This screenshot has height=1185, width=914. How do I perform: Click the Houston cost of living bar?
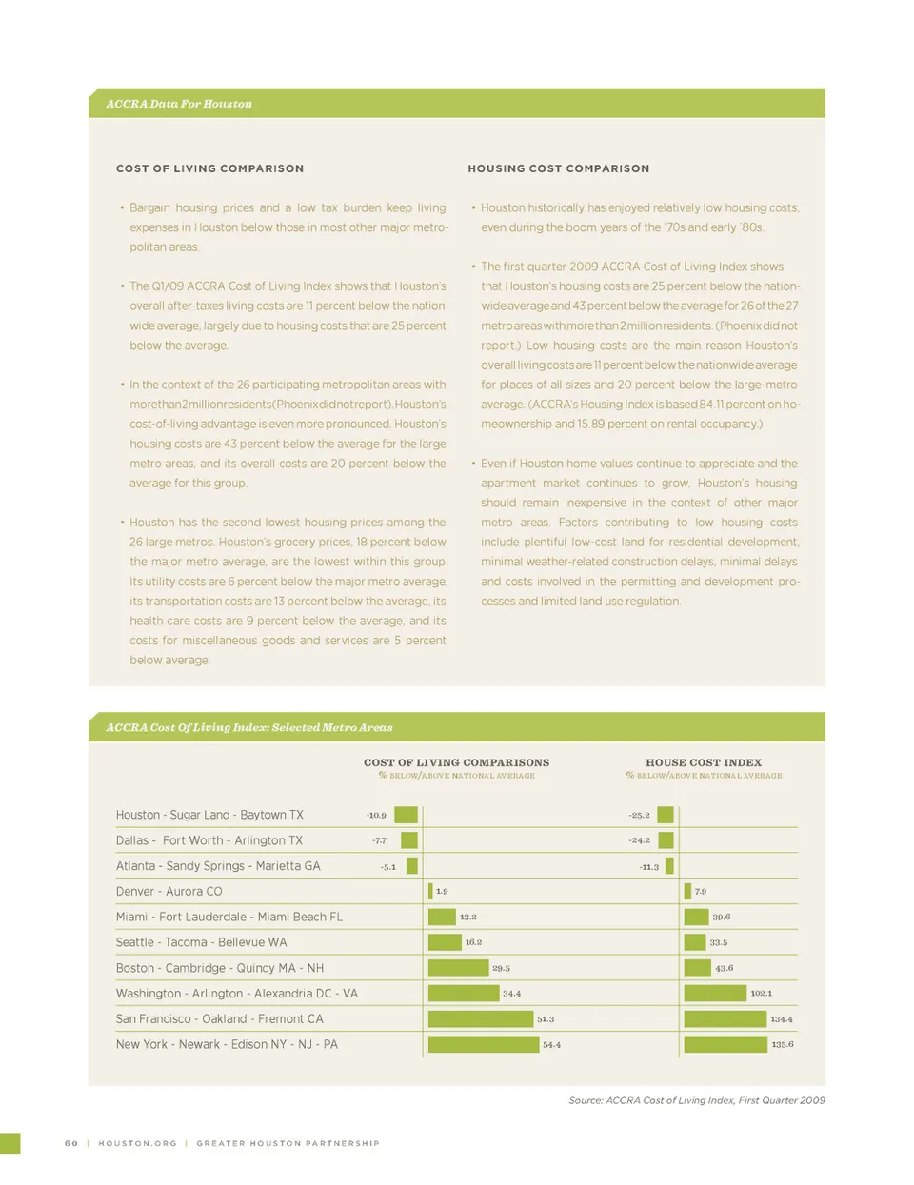tap(406, 815)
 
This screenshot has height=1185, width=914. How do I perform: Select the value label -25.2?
tap(639, 815)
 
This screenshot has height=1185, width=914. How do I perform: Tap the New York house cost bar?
tap(725, 1044)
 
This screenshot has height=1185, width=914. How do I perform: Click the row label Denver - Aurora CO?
tap(169, 892)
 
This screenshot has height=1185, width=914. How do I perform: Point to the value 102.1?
tap(761, 994)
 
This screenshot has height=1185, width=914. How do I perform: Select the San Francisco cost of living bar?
tap(480, 1018)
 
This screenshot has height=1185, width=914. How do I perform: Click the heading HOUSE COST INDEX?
tap(704, 762)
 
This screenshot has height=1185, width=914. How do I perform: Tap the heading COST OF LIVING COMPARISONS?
tap(456, 762)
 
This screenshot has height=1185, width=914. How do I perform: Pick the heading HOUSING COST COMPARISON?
tap(558, 168)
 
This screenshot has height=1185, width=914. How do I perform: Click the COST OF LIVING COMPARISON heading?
tap(209, 168)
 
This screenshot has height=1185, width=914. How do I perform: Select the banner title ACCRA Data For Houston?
tap(179, 104)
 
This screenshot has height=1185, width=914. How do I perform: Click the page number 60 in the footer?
tap(71, 1143)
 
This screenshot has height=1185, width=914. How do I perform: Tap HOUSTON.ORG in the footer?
tap(137, 1143)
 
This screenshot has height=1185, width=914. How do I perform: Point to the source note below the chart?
tap(696, 1100)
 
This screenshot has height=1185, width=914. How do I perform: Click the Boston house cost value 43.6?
tap(724, 968)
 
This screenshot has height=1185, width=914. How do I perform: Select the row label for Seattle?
tap(201, 942)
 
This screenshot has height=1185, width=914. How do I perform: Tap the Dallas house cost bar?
tap(666, 840)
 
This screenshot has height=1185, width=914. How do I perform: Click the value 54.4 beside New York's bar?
tap(551, 1044)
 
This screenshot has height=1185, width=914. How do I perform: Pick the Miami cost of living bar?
tap(442, 917)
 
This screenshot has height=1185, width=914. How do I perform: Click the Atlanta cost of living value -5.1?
tap(387, 867)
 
